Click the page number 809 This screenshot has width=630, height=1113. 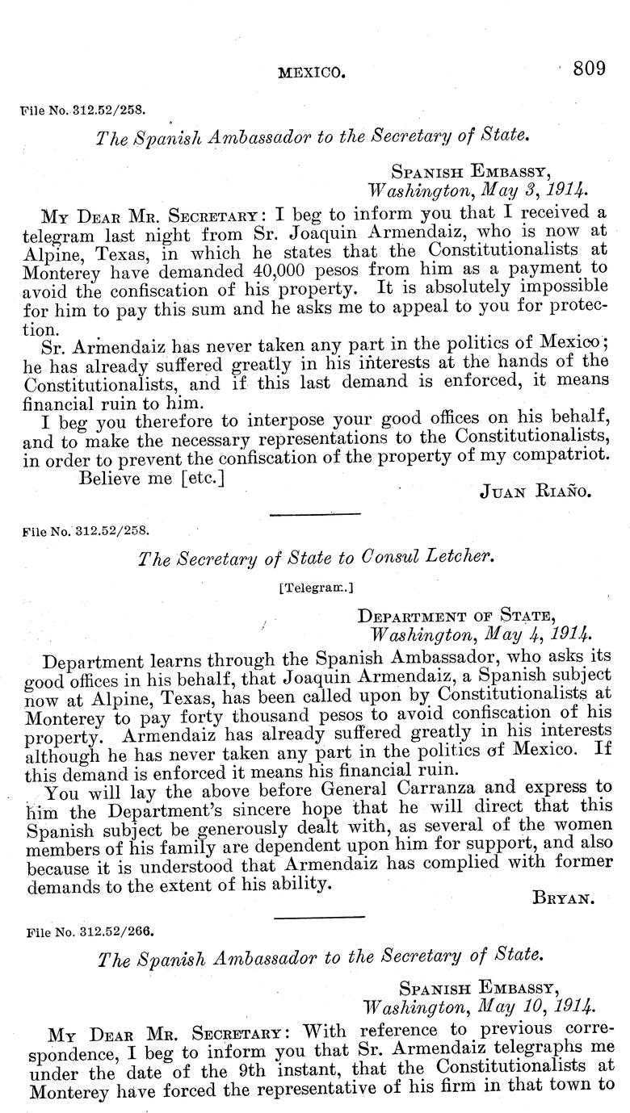589,69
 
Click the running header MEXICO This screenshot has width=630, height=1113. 311,73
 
